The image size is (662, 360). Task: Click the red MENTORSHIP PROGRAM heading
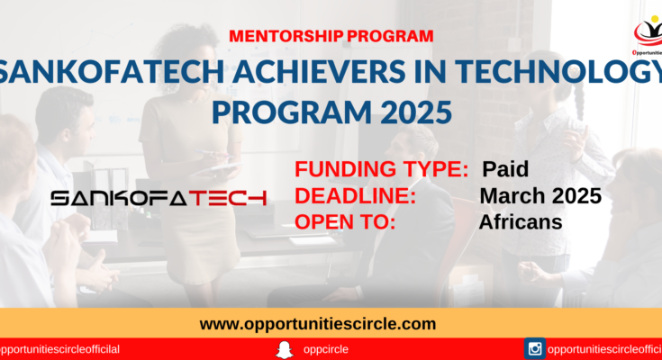331,36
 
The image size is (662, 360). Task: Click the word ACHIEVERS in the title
319,71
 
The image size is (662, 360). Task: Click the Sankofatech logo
159,198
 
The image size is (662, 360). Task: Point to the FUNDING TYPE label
382,169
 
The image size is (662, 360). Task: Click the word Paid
505,169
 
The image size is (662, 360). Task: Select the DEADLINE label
356,196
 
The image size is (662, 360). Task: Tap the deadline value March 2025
540,196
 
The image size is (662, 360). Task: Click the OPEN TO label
345,222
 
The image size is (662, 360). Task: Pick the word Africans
521,222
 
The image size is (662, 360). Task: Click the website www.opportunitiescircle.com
318,324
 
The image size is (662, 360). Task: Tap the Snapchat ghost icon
285,350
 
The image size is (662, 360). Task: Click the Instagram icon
535,348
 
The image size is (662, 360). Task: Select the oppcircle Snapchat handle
325,349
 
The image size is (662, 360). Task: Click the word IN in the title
430,71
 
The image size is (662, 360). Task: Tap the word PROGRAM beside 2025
292,112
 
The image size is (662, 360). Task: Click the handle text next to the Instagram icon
604,349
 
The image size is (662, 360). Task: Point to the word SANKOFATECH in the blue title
112,71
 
